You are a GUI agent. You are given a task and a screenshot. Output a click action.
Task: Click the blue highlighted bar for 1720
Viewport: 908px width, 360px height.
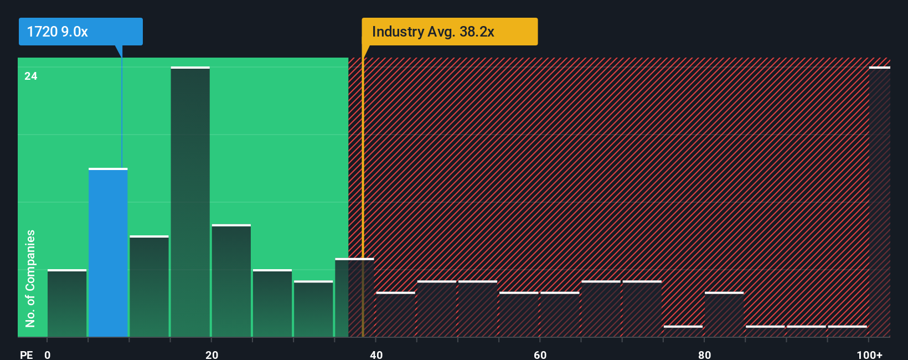(108, 253)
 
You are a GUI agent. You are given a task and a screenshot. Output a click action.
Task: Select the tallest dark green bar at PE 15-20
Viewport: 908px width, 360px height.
(190, 202)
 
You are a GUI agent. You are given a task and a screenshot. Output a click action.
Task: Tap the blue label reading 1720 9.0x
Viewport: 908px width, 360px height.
(80, 32)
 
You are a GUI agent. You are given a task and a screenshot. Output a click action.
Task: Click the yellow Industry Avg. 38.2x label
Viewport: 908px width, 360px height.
(449, 32)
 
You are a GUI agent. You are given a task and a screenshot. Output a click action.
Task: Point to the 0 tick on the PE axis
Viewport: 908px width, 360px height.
(48, 354)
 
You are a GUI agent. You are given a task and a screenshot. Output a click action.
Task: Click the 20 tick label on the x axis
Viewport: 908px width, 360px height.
(211, 354)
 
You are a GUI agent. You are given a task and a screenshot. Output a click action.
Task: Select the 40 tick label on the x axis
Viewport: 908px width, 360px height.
(376, 354)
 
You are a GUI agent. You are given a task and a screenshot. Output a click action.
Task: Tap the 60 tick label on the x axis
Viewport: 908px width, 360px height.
(540, 354)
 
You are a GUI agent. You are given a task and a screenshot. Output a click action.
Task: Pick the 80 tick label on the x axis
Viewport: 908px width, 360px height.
(704, 354)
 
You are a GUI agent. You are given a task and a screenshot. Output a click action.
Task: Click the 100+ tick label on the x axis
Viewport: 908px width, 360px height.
(869, 354)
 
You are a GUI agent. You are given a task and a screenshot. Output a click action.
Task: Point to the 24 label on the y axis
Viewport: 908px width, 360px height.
(31, 76)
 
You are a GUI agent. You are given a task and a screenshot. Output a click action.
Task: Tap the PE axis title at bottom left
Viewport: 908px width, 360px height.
(26, 354)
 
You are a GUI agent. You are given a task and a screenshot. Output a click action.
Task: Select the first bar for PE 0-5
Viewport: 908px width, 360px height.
(67, 304)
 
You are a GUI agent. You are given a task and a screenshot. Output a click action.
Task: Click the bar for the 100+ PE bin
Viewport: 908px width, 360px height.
(879, 202)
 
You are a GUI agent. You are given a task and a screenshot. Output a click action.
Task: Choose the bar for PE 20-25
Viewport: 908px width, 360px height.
(231, 281)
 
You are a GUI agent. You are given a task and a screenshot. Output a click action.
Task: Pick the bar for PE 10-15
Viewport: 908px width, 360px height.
(149, 286)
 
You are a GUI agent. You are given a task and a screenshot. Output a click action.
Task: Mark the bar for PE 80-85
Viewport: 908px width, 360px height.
(724, 315)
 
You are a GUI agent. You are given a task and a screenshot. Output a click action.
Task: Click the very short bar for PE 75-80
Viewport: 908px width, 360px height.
(683, 331)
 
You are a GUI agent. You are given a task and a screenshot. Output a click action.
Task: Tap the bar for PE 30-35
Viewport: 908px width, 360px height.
(313, 309)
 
